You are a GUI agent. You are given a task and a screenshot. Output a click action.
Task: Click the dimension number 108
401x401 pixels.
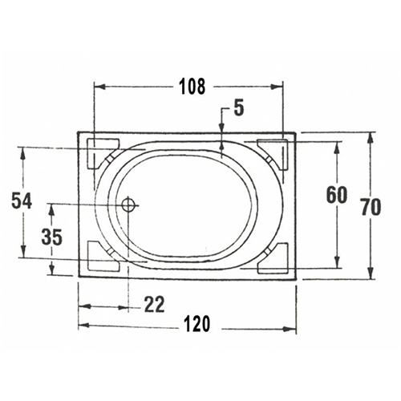[192, 87]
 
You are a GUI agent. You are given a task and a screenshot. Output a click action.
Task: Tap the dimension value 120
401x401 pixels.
[197, 324]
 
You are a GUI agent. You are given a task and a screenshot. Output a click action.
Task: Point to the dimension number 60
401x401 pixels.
[337, 195]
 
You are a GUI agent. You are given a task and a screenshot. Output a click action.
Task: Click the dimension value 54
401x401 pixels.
[22, 200]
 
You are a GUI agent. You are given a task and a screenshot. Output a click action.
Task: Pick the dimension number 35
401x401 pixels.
[52, 237]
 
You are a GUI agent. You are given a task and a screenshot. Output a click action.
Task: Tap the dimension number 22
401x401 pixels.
[154, 304]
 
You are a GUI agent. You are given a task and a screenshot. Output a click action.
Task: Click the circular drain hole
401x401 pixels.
[128, 205]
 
